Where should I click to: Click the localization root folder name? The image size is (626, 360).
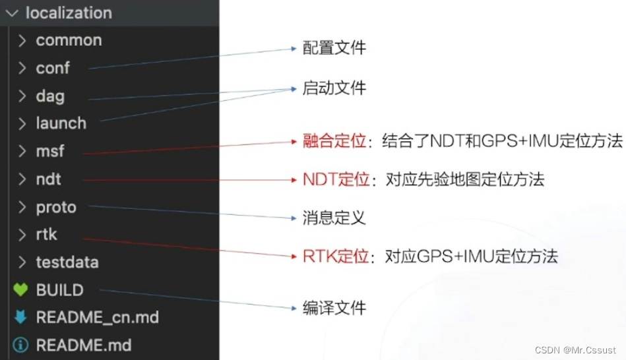(69, 13)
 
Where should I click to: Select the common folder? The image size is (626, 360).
(69, 40)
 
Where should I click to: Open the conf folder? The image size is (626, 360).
(53, 68)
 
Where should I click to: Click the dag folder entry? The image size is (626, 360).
(50, 96)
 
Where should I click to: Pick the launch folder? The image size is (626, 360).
(61, 123)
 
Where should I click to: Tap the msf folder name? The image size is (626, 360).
(50, 151)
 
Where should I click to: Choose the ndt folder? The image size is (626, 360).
(48, 179)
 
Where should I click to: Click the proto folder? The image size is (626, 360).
(56, 207)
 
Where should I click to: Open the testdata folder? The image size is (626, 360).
(67, 262)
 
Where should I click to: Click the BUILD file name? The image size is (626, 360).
(59, 290)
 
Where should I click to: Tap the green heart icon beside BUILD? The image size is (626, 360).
(20, 290)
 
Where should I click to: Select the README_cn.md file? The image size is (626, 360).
(97, 317)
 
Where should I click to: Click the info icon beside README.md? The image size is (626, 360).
(20, 345)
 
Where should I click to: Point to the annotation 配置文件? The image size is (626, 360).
(334, 48)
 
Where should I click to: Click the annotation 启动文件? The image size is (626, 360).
(334, 88)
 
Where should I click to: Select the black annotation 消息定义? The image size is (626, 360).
(334, 217)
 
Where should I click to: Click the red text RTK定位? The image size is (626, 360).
(336, 256)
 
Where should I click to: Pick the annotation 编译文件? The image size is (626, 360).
(334, 307)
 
